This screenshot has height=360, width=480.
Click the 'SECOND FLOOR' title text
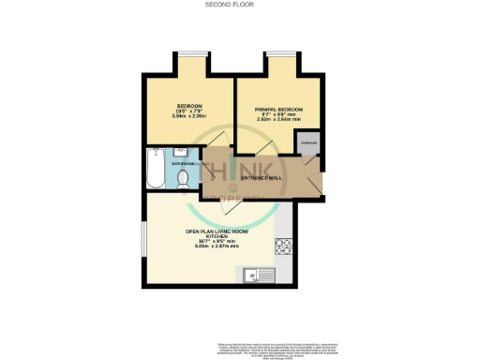239,5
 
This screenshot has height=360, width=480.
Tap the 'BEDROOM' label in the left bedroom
189,106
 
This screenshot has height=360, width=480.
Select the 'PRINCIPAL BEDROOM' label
277,110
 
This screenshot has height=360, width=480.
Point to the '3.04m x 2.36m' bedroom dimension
189,118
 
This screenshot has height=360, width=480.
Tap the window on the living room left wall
144,238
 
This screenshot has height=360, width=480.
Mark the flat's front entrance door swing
315,187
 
